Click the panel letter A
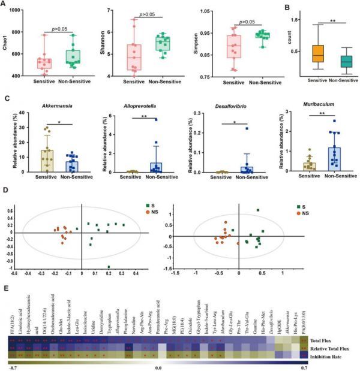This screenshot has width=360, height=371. pos(6,5)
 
